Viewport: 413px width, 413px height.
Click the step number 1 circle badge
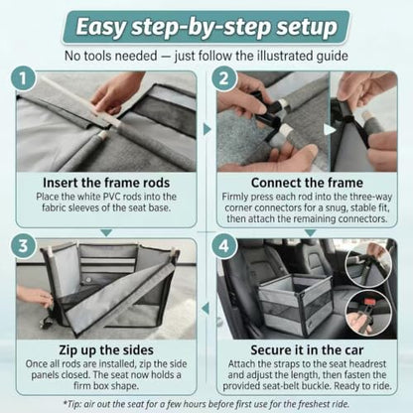pos(23,78)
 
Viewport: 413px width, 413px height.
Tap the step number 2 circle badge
pos(223,78)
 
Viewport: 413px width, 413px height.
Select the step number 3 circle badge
pos(23,246)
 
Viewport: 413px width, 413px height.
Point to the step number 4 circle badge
pos(223,246)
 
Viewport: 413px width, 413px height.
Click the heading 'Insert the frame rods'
pos(106,183)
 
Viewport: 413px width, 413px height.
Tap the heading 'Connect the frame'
pos(307,183)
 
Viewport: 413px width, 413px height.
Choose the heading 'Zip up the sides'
pos(106,350)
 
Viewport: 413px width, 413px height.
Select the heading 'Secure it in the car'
pos(307,350)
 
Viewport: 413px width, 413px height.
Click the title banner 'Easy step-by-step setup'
pos(206,27)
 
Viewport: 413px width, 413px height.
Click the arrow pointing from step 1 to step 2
pos(207,129)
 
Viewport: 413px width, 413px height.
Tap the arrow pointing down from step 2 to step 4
pos(310,233)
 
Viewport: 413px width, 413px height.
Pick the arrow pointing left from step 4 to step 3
pos(206,309)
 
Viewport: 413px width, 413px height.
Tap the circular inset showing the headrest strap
pos(368,266)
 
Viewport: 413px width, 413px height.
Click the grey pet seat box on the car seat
pos(295,303)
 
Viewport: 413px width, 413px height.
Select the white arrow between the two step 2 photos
pos(330,130)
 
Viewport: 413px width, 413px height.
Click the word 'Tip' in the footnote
pos(71,404)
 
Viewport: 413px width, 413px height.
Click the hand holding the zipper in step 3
pos(35,295)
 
